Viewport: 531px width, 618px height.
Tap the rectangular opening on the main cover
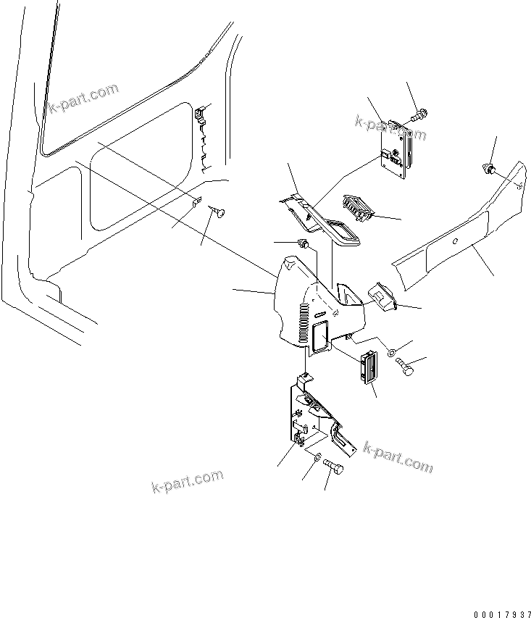pyautogui.click(x=318, y=334)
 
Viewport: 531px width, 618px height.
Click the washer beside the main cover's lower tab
pyautogui.click(x=390, y=354)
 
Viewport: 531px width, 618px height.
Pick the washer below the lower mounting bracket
pyautogui.click(x=317, y=457)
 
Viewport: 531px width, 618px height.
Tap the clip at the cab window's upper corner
pyautogui.click(x=201, y=112)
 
